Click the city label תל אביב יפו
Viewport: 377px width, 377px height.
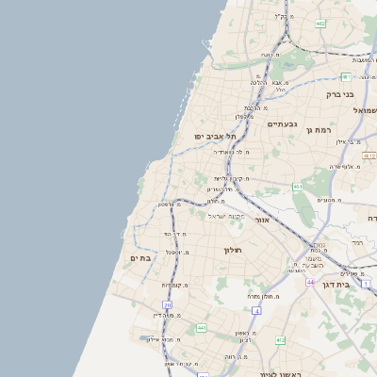(x=215, y=137)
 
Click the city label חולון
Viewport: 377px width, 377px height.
(x=233, y=250)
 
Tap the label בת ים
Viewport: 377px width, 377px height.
(x=139, y=257)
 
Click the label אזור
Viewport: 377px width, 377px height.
(x=263, y=220)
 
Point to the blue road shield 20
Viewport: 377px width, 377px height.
(x=168, y=305)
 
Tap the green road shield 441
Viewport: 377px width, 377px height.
(x=202, y=328)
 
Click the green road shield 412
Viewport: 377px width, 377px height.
(x=280, y=339)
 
